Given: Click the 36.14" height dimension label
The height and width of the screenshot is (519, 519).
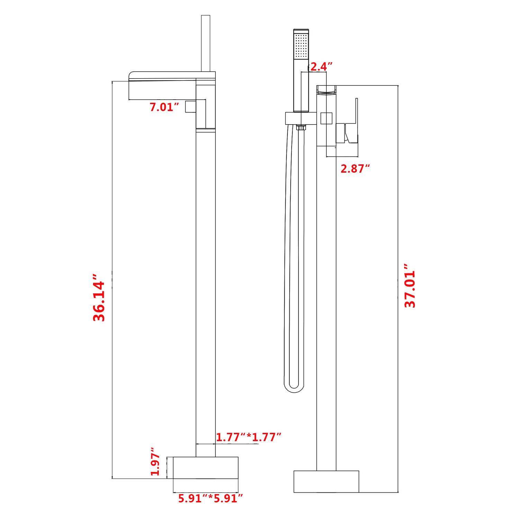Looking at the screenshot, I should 99,298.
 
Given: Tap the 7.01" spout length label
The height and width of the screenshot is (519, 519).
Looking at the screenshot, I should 164,107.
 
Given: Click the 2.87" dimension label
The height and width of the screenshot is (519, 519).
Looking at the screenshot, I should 355,169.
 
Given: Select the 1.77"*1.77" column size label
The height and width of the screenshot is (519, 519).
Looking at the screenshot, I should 248,437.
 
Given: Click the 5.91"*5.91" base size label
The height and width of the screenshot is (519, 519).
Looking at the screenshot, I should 210,499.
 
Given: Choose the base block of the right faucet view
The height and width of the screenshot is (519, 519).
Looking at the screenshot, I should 326,481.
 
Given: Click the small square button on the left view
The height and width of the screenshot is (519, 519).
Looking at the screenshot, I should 190,107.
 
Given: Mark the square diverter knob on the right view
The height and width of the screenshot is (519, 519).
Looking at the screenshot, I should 326,118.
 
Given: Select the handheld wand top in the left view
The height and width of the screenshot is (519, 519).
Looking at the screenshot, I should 206,42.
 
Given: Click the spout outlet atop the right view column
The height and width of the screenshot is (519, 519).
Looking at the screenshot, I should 326,90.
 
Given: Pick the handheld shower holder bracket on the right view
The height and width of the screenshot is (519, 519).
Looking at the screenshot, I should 300,118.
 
